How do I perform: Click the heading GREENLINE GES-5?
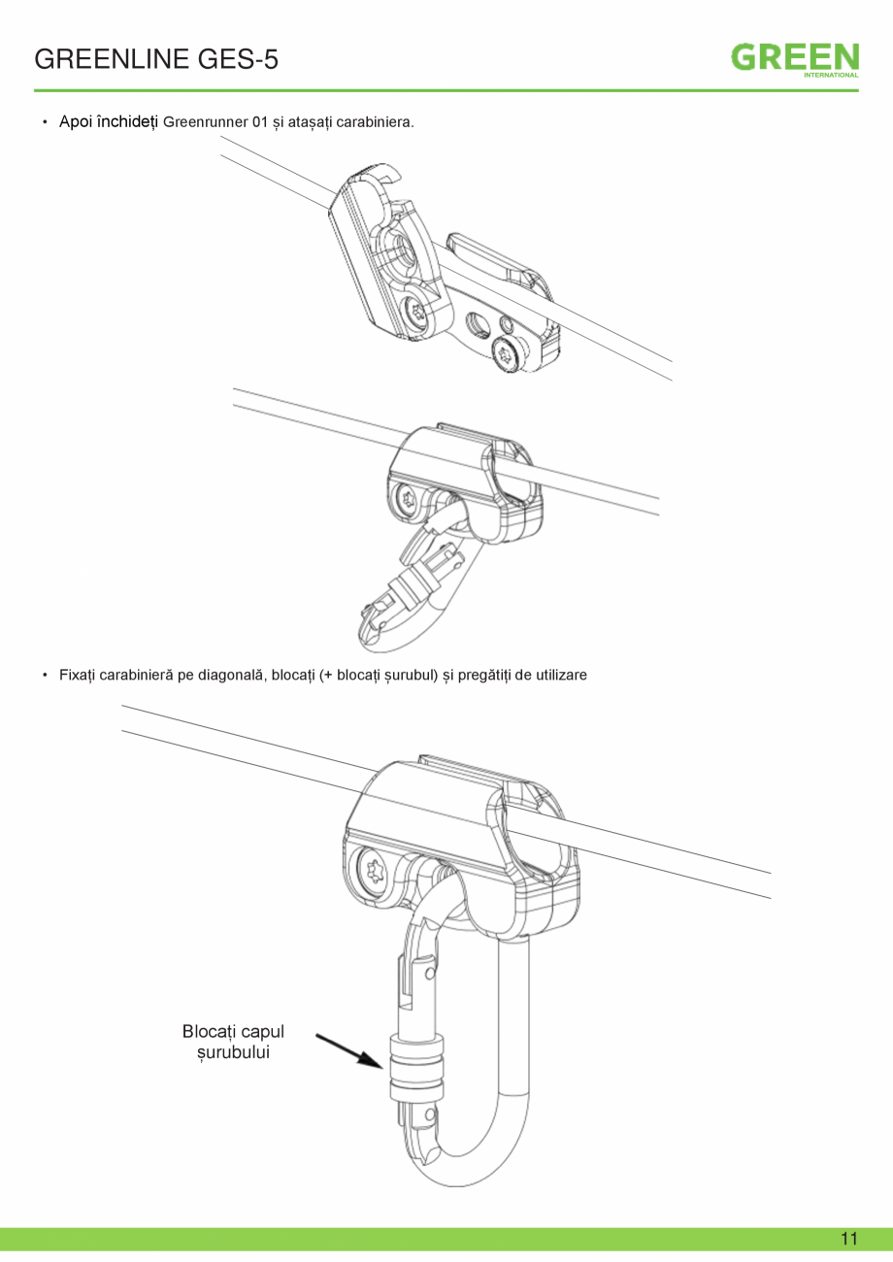156,59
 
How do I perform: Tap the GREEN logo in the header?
795,57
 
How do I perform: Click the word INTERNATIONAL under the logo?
831,75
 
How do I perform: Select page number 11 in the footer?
849,1239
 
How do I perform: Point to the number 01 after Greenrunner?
260,122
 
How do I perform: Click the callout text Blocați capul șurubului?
233,1042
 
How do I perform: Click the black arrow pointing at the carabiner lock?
349,1050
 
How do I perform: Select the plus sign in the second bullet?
328,675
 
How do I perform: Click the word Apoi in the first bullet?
76,121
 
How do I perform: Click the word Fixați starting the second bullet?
78,675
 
